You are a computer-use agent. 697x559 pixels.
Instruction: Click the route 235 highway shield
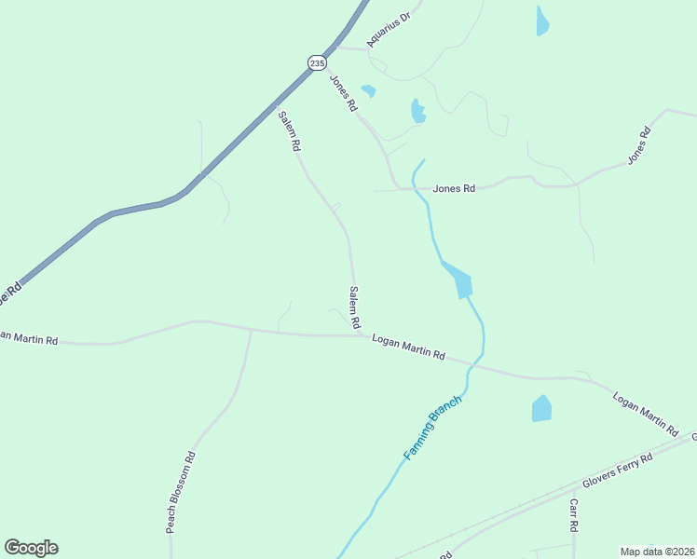(x=318, y=62)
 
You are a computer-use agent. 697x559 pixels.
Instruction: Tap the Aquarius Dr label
(x=389, y=30)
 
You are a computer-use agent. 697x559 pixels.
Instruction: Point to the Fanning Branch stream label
(x=426, y=434)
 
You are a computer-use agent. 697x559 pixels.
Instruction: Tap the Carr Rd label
(x=574, y=514)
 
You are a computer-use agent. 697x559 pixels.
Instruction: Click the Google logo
(x=31, y=548)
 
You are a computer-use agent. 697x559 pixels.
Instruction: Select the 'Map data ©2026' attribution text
(x=658, y=552)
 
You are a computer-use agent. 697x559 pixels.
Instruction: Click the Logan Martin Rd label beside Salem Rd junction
(x=408, y=348)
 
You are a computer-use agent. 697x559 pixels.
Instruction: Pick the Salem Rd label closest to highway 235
(x=290, y=131)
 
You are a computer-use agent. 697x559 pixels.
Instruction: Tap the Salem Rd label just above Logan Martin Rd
(x=354, y=307)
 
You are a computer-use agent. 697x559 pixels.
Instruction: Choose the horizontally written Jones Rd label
(x=454, y=188)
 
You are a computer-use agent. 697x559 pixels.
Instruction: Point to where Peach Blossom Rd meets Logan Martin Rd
(x=252, y=330)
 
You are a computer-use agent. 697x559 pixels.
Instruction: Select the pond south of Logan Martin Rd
(x=541, y=408)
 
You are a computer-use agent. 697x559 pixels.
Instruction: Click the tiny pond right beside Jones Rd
(x=369, y=90)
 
